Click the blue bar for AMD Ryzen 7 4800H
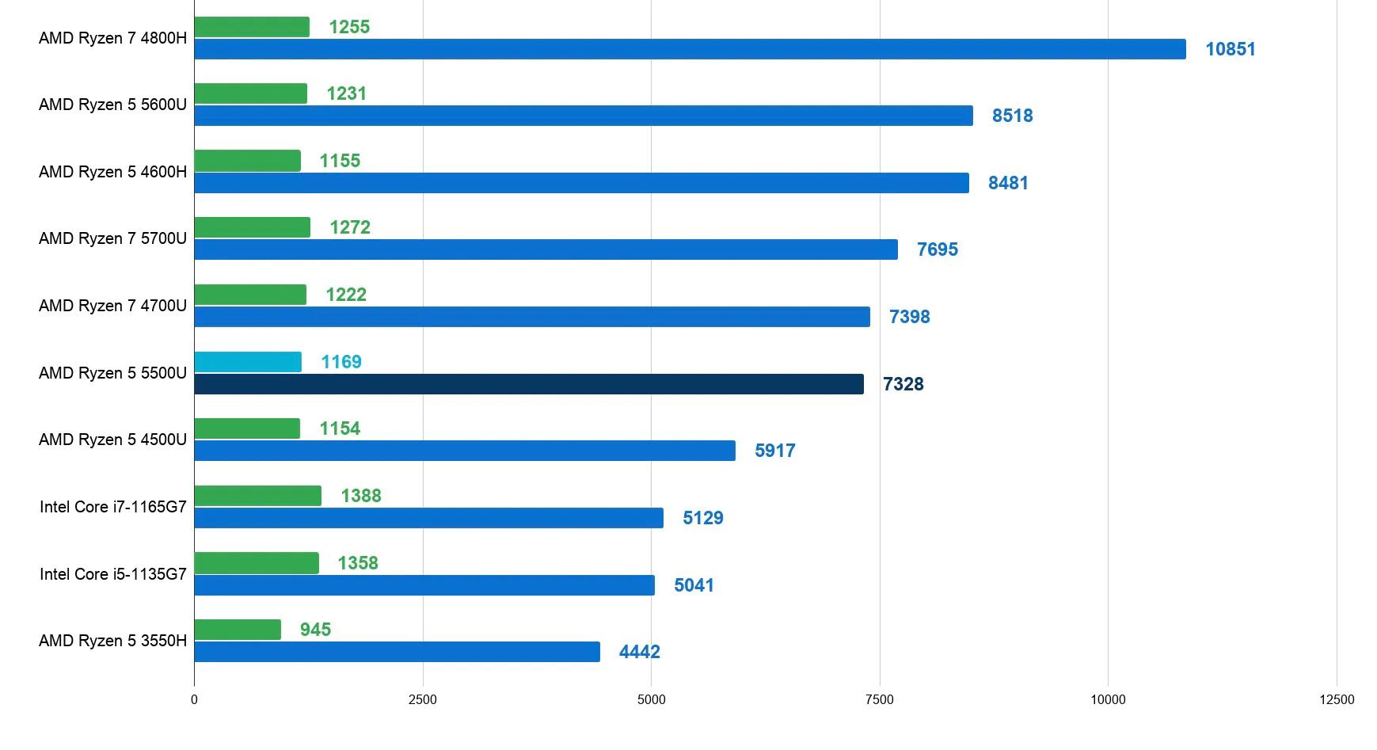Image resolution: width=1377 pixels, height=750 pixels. coord(690,49)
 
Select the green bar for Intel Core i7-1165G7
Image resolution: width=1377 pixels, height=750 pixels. coord(257,496)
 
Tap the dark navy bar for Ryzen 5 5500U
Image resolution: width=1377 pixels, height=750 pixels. coord(529,384)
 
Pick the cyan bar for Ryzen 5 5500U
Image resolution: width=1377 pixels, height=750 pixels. coord(248,362)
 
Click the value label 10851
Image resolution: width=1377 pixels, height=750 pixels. coord(1230,49)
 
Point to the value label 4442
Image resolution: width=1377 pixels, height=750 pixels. coord(639,652)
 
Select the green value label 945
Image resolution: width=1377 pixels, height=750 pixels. coord(315,630)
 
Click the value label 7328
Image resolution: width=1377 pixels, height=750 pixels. coord(903,384)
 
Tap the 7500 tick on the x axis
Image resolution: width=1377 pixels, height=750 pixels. coord(879,699)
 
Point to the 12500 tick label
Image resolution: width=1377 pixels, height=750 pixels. coord(1336,699)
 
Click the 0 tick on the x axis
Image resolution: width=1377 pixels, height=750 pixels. coord(194,699)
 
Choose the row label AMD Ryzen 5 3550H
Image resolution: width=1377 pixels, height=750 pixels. coord(112,641)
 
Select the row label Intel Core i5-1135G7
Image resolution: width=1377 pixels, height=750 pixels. coord(113,574)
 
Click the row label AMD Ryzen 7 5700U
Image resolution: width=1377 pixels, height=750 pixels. coord(112,238)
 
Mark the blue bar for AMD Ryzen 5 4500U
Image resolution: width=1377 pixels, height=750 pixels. coord(465,451)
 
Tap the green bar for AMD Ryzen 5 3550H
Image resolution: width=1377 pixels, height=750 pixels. coord(238,630)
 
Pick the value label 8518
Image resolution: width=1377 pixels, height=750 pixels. coord(1012,116)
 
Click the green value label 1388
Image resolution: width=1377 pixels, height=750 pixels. coord(360,496)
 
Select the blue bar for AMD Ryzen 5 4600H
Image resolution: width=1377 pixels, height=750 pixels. coord(581,183)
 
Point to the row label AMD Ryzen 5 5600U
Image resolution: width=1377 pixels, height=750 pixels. coord(112,105)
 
